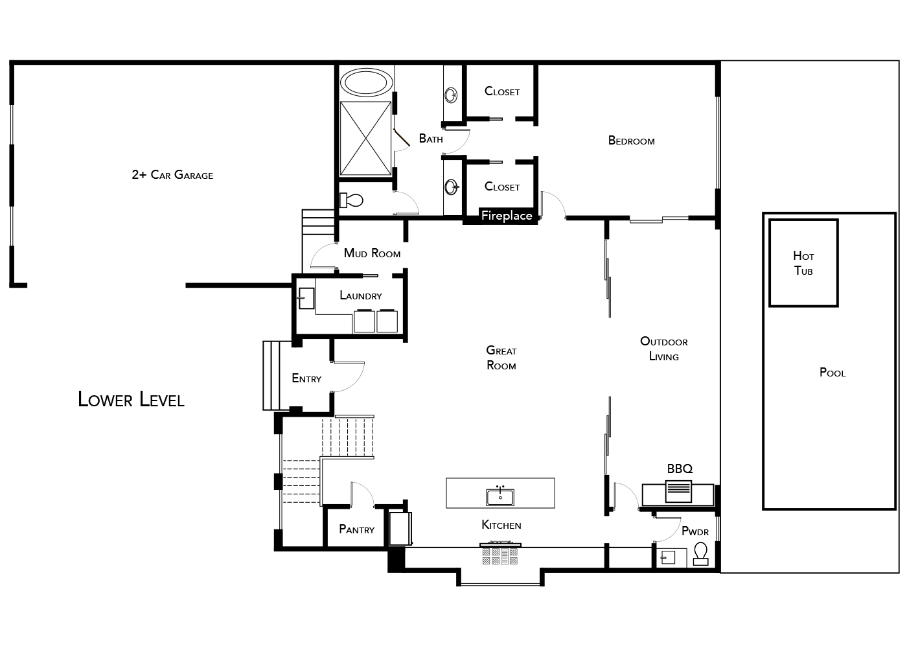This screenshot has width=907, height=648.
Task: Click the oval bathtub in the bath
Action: pyautogui.click(x=366, y=82)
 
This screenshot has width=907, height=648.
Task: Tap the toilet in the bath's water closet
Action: pyautogui.click(x=351, y=200)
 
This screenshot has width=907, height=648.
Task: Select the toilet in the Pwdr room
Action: pyautogui.click(x=701, y=553)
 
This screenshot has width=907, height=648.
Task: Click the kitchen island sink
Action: pyautogui.click(x=500, y=496)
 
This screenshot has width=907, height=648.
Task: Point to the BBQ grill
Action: pyautogui.click(x=678, y=491)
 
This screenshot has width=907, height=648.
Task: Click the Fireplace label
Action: pyautogui.click(x=507, y=215)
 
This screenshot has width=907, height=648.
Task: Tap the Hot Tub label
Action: pyautogui.click(x=803, y=263)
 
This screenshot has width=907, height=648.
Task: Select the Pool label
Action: pyautogui.click(x=832, y=372)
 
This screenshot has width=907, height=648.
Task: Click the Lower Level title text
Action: pyautogui.click(x=131, y=399)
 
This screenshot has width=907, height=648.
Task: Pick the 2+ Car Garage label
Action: pyautogui.click(x=172, y=174)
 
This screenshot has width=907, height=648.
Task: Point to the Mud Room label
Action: pyautogui.click(x=372, y=253)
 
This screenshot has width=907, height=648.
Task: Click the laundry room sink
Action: pyautogui.click(x=306, y=298)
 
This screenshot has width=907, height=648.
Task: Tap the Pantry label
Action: pyautogui.click(x=357, y=529)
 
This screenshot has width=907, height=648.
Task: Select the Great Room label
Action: pyautogui.click(x=501, y=358)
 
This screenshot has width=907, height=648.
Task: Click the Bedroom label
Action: pyautogui.click(x=631, y=141)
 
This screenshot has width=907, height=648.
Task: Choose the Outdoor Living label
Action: pyautogui.click(x=664, y=349)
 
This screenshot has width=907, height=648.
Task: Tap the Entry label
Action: pyautogui.click(x=306, y=378)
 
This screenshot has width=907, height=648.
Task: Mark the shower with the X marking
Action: pyautogui.click(x=365, y=139)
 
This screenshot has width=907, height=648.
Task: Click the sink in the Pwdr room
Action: pyautogui.click(x=667, y=558)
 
